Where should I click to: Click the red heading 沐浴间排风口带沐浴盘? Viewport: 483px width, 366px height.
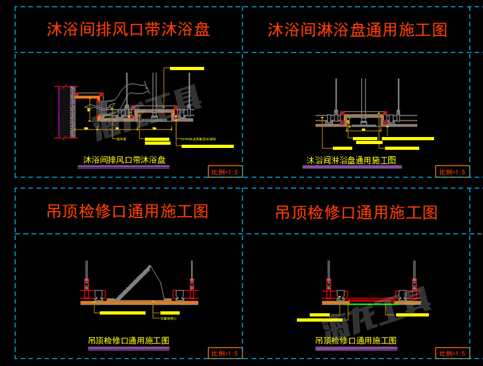click(128, 30)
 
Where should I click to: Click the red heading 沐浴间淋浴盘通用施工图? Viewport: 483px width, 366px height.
click(357, 30)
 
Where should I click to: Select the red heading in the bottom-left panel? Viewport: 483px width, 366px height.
click(128, 212)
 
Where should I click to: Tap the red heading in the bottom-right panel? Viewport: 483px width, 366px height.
click(356, 212)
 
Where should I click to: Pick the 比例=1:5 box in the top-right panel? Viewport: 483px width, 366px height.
click(453, 171)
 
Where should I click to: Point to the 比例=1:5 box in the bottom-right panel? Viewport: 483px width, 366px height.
click(453, 353)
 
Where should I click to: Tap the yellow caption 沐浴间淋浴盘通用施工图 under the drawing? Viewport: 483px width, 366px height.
click(352, 160)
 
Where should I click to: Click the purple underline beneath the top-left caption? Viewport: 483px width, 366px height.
click(124, 167)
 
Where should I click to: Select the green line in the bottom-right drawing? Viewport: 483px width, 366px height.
click(374, 300)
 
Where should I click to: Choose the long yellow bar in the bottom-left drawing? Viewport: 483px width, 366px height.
click(122, 313)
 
